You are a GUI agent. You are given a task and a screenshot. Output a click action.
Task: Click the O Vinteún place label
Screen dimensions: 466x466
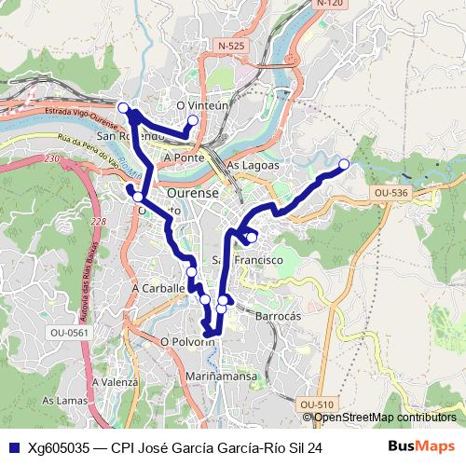(201, 106)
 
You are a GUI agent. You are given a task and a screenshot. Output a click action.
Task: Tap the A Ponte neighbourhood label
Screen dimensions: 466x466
(183, 158)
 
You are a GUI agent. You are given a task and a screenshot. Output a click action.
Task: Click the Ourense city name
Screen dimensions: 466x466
(192, 193)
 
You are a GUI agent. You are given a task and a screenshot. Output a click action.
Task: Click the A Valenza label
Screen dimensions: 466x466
(116, 382)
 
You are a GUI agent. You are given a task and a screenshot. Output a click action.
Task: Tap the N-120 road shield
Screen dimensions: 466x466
(330, 4)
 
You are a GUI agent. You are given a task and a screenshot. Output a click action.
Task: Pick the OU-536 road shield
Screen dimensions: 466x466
(390, 193)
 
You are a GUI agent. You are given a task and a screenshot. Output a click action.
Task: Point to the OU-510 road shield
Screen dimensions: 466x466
(317, 404)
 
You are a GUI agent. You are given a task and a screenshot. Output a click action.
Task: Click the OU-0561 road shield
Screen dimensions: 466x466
(69, 332)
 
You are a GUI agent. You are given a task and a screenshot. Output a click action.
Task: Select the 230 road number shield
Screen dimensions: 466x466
(51, 159)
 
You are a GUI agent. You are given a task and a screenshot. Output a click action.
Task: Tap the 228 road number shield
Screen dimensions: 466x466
(99, 221)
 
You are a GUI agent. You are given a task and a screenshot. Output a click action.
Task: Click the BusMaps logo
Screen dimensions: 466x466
(422, 446)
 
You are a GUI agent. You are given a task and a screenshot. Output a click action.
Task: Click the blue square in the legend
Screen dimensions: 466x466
(14, 447)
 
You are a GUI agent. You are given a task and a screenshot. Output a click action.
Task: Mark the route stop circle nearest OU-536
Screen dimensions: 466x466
(343, 164)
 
